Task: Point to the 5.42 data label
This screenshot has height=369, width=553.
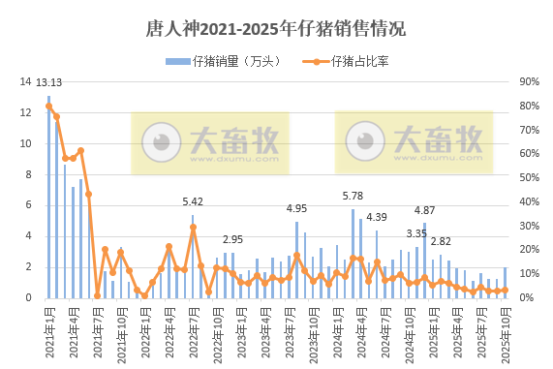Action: [x=193, y=201]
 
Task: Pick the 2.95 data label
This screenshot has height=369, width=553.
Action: [x=232, y=238]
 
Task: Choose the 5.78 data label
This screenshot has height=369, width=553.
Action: [x=353, y=196]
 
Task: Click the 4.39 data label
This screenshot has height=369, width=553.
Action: [x=377, y=217]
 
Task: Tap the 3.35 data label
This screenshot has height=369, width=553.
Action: [x=416, y=233]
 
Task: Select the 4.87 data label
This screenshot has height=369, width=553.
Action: [x=424, y=210]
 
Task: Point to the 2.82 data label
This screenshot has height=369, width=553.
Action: [x=441, y=241]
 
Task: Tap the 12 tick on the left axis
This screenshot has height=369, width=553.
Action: [x=27, y=113]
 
